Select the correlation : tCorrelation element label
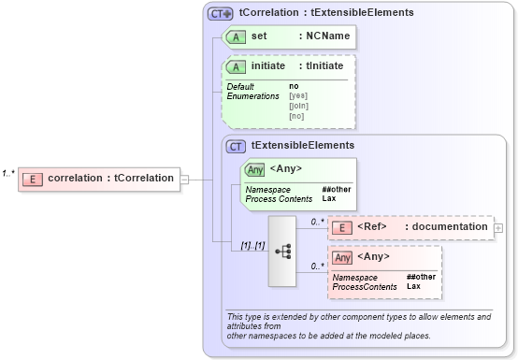pos(110,178)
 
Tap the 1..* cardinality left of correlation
pos(8,173)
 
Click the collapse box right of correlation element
pos(184,179)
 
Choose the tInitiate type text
pos(321,66)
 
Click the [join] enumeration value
pos(297,106)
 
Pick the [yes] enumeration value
pos(297,95)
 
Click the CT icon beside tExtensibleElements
pos(237,146)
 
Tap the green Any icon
pos(254,170)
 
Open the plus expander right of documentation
pos(498,227)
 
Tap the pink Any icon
pos(343,256)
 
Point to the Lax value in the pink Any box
pos(413,286)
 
